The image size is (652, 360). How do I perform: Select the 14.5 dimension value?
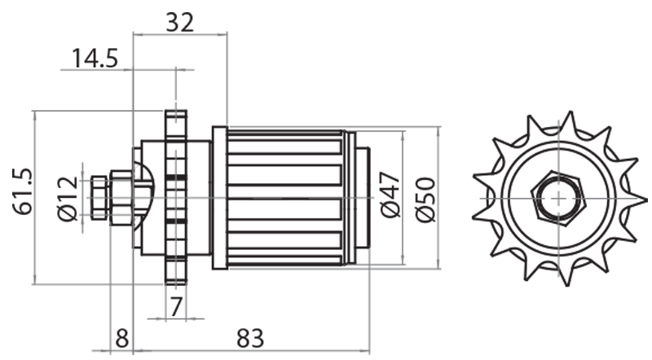click(95, 59)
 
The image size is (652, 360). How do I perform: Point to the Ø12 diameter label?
click(68, 198)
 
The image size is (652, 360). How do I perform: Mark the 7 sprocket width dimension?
click(175, 306)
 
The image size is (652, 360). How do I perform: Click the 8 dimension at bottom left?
click(121, 336)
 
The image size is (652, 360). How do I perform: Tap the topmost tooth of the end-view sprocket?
click(563, 124)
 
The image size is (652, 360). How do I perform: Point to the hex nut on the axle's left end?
click(99, 198)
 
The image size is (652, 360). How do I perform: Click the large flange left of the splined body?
click(218, 198)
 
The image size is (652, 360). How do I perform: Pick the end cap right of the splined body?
click(363, 198)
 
